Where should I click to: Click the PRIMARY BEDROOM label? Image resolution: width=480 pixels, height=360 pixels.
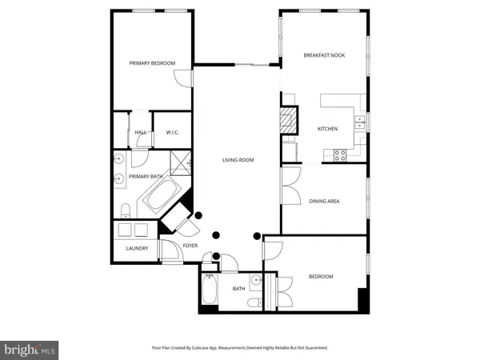[152, 63]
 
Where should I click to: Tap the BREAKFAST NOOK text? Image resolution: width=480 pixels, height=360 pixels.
[323, 55]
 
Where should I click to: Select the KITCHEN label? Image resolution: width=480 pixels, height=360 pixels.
[328, 129]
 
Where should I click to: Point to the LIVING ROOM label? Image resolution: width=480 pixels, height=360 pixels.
[238, 160]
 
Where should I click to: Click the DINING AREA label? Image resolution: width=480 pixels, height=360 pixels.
[324, 201]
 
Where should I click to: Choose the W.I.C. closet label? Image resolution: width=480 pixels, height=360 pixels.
[172, 132]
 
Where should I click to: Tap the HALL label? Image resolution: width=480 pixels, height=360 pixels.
[140, 132]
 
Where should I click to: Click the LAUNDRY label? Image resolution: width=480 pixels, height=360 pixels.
[138, 248]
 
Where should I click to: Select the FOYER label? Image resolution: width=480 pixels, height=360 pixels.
[190, 246]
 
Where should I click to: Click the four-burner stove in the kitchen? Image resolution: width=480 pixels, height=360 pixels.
[339, 155]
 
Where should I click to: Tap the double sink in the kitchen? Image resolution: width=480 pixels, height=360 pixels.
[360, 122]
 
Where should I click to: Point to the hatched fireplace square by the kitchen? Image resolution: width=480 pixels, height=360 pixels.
[287, 122]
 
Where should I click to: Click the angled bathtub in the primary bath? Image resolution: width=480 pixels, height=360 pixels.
[163, 194]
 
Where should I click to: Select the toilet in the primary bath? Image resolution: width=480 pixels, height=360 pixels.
[126, 210]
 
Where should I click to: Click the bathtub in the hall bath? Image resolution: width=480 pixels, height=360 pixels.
[210, 290]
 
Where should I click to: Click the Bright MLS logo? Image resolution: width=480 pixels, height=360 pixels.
[30, 349]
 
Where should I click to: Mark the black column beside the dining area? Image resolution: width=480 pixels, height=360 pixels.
[257, 236]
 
